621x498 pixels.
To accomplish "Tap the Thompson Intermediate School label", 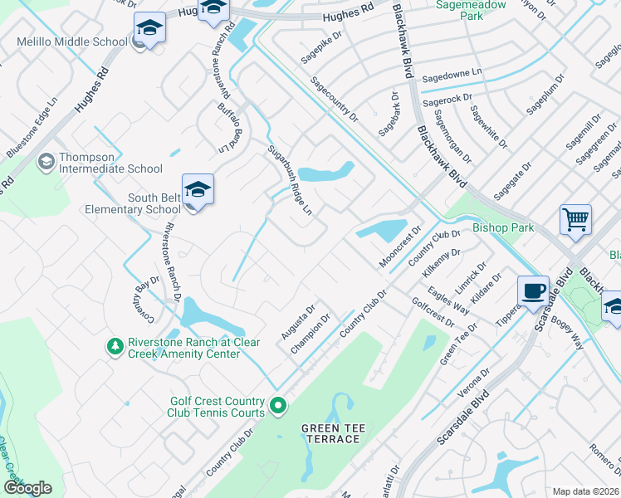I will (x=110, y=168).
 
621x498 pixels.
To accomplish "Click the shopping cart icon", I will (x=575, y=220).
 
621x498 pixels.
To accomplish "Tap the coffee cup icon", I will (x=533, y=291).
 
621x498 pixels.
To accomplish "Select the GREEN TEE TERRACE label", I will (x=332, y=433).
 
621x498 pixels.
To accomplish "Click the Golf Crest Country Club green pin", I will (x=278, y=406).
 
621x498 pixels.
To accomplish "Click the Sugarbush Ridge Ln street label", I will (x=289, y=181).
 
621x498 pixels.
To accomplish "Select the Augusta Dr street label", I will (x=298, y=323).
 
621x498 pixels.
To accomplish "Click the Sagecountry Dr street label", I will (x=334, y=100).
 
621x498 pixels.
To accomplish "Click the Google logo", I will (x=27, y=488).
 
